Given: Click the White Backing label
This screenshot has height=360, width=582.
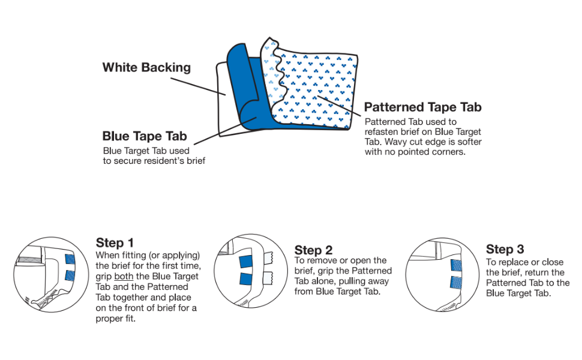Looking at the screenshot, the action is click(x=146, y=68).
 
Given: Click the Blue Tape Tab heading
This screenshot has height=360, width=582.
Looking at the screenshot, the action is click(x=145, y=136).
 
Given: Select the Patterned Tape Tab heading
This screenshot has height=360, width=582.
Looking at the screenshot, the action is click(x=423, y=107).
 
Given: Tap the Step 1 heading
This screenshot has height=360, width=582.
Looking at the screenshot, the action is click(x=115, y=243).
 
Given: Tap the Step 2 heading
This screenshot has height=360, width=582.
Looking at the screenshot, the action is click(x=313, y=250).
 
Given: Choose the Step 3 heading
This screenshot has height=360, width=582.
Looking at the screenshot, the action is click(x=505, y=249).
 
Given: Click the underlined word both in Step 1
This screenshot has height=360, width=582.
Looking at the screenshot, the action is click(x=124, y=277).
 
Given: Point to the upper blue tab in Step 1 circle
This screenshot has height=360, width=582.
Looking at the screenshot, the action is click(x=70, y=259).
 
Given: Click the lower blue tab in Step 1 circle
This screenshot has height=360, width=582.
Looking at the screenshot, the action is click(x=70, y=275).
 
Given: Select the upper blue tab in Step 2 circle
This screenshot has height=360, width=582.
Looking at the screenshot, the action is click(x=246, y=262).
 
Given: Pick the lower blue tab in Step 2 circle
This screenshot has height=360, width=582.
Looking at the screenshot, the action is click(x=246, y=279).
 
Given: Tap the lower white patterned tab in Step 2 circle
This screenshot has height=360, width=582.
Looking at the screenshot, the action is click(x=268, y=277).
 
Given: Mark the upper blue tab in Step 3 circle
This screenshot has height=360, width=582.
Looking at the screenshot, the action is click(x=456, y=265).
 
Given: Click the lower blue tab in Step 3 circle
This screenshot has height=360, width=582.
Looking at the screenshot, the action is click(x=456, y=283).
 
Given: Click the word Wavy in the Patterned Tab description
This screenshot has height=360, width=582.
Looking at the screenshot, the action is click(x=396, y=142).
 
